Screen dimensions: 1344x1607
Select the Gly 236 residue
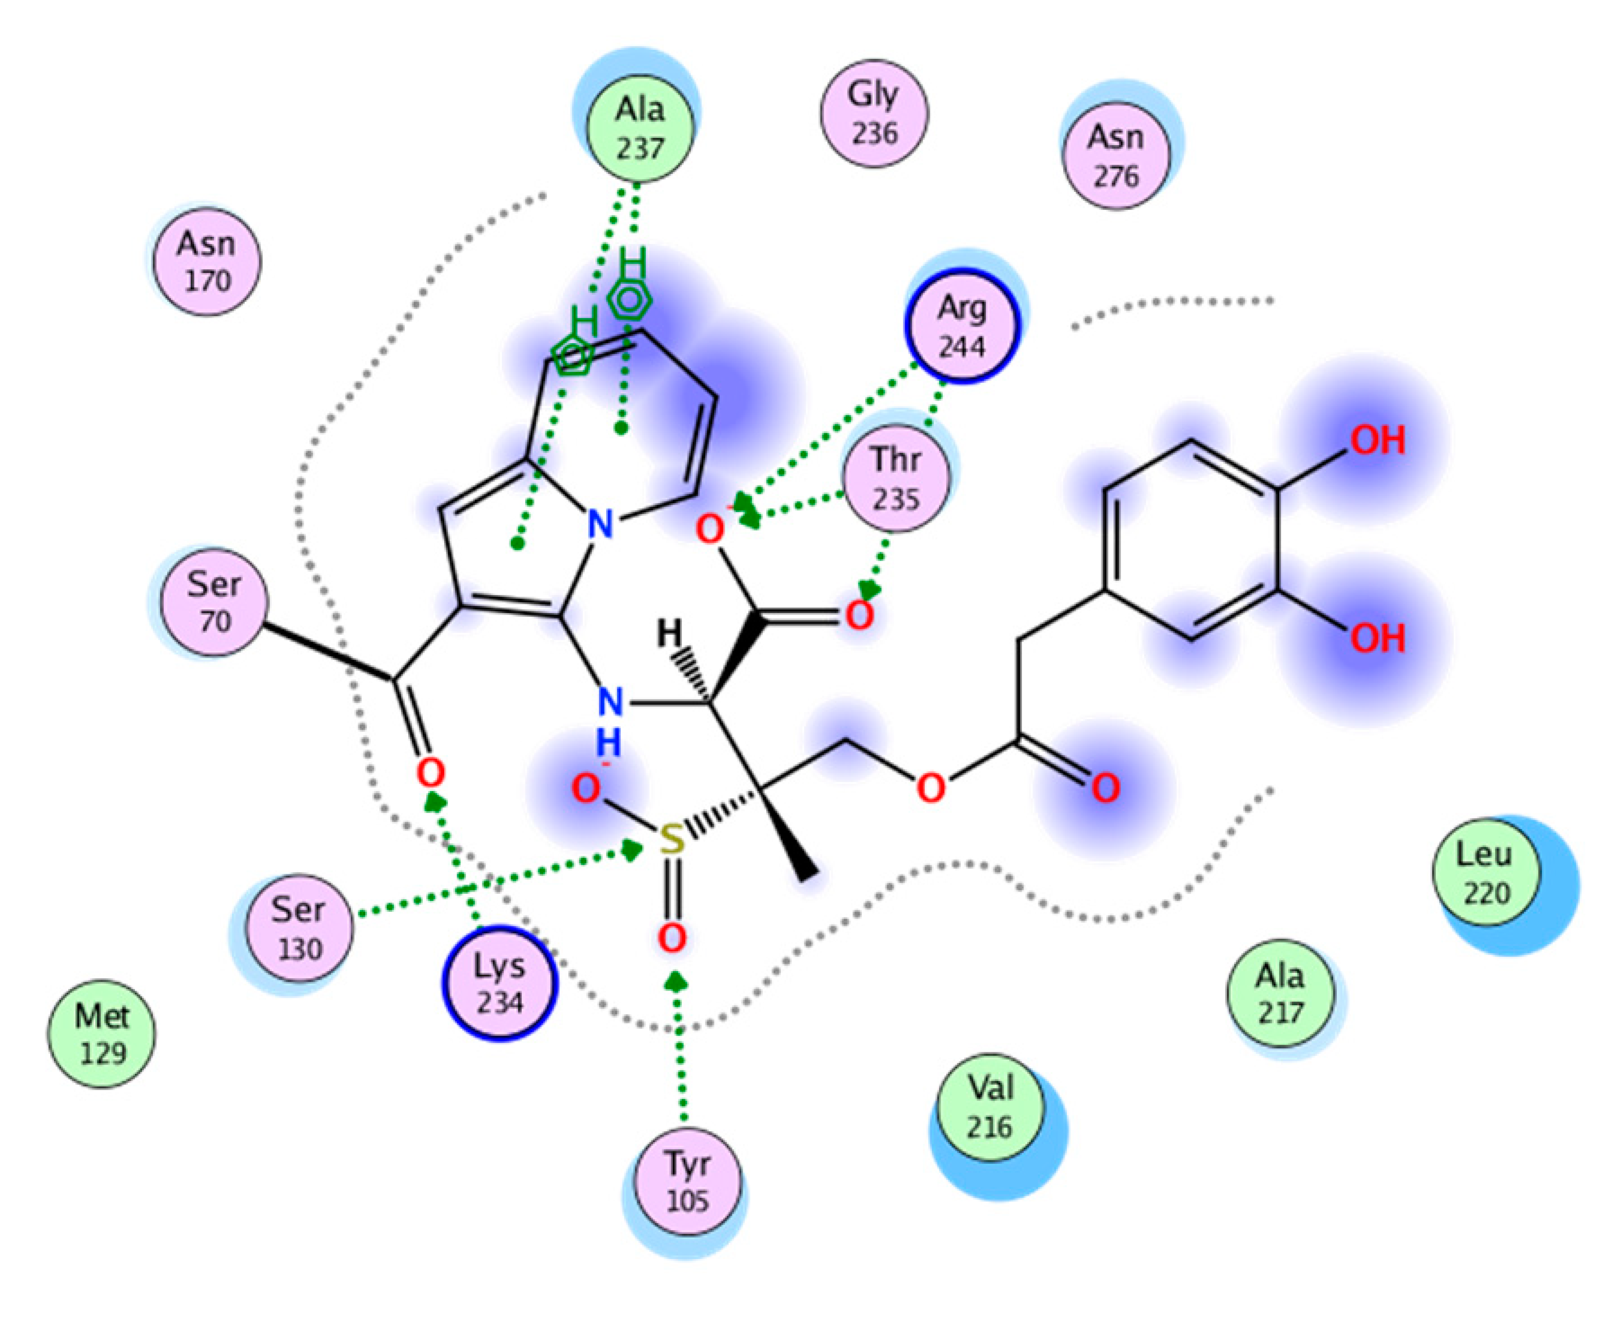click(x=874, y=113)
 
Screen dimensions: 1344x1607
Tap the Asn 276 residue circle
click(x=1117, y=156)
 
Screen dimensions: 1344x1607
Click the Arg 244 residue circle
click(x=962, y=327)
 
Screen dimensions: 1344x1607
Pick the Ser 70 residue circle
click(x=214, y=602)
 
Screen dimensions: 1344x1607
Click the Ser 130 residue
click(x=299, y=928)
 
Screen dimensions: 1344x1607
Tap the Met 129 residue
click(x=102, y=1034)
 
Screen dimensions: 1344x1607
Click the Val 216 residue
click(x=989, y=1107)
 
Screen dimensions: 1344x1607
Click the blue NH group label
click(x=609, y=719)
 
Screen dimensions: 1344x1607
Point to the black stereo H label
click(x=670, y=633)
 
